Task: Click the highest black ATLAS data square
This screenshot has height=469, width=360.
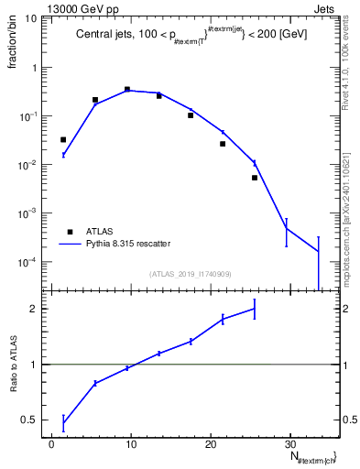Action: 126,90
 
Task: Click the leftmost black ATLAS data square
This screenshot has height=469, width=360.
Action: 63,140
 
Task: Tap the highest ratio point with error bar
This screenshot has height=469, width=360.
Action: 254,309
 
